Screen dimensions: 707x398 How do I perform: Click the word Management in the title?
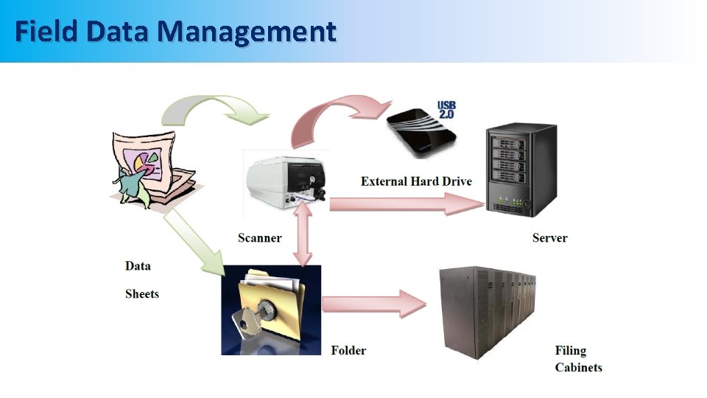(x=247, y=32)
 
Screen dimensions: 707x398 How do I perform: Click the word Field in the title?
(x=46, y=31)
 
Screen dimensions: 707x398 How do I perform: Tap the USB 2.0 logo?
(x=446, y=110)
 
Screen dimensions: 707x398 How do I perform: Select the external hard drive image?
(x=421, y=133)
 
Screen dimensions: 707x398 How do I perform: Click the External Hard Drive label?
(x=416, y=181)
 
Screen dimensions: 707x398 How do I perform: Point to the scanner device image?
(x=286, y=182)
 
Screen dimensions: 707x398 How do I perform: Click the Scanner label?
(x=260, y=238)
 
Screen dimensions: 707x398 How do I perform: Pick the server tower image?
(x=521, y=170)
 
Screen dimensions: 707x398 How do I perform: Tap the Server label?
(x=549, y=238)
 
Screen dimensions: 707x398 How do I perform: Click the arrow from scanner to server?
(x=407, y=204)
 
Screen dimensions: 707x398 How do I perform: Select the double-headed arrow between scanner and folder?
(x=303, y=234)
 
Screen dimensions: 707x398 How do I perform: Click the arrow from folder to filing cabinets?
(x=374, y=304)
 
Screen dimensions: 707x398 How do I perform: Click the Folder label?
(x=348, y=350)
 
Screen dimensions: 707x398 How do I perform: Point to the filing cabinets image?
(x=488, y=313)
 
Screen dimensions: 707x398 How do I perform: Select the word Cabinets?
(x=579, y=367)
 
